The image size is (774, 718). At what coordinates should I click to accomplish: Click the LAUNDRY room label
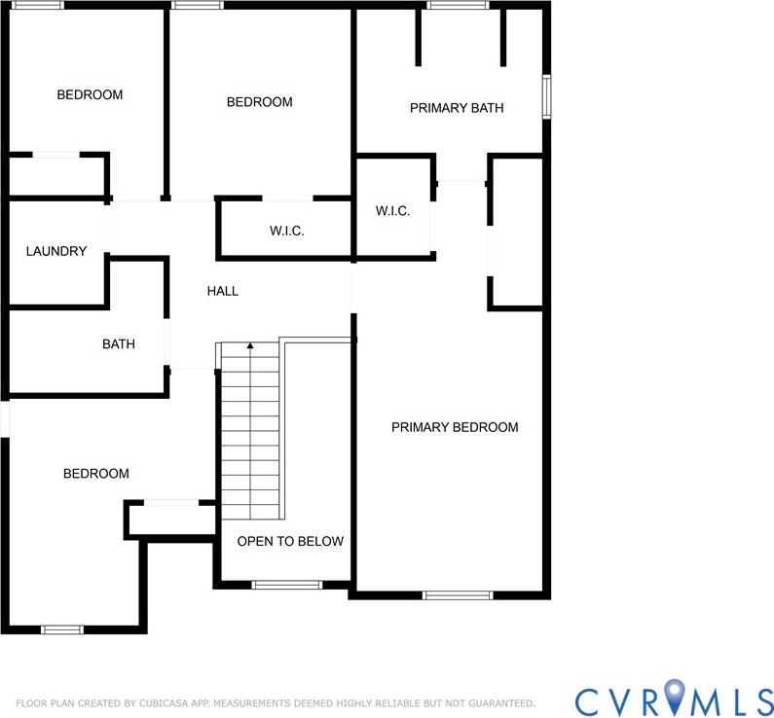pos(56,251)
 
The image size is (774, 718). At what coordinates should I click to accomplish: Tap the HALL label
pos(223,291)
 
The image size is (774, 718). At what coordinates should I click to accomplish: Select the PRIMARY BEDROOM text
pos(455,427)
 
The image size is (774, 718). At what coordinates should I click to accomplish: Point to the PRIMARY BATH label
pos(457,108)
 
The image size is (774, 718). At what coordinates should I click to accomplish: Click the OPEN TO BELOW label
pos(291,541)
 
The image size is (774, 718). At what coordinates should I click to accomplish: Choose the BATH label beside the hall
pos(119,344)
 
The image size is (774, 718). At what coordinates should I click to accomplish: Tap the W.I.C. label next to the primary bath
pos(393,211)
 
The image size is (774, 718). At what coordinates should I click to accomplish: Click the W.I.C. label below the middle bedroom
pos(287,231)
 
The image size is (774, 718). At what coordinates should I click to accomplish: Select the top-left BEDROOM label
pos(90,94)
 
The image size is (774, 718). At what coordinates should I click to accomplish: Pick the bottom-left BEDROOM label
pos(96,474)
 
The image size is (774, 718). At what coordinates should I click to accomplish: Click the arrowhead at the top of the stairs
pos(250,345)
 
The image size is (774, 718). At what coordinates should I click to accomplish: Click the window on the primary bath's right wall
pos(546,96)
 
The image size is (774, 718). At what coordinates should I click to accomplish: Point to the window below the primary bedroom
pos(458,594)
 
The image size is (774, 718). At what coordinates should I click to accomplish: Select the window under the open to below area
pos(286,585)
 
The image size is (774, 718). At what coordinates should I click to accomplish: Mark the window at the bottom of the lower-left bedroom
pos(62,629)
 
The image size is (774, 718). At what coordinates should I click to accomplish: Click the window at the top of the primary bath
pos(458,5)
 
